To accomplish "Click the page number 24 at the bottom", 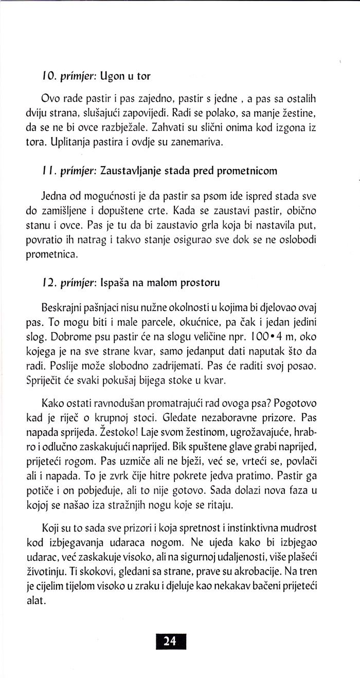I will click(170, 640).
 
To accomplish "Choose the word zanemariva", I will click(197, 141).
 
